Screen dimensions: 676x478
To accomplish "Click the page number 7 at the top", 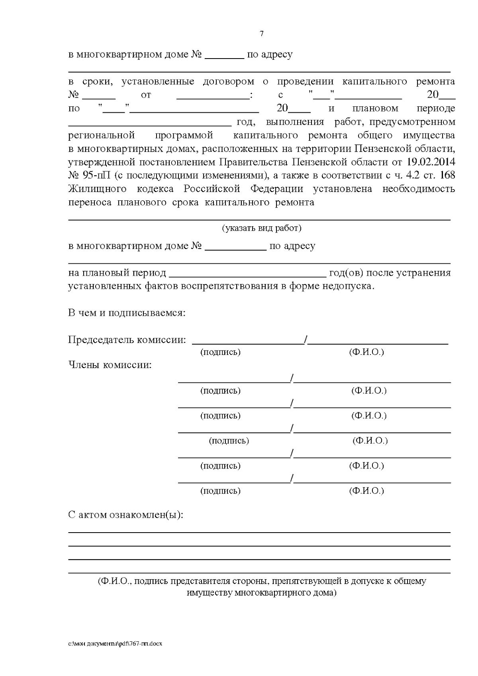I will coord(262,34).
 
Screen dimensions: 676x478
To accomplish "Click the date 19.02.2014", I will coord(431,162).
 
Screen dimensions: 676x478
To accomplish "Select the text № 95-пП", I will coord(91,176).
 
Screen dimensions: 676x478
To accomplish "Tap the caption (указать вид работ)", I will coord(261,228).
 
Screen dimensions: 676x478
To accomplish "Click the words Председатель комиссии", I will coord(127,340).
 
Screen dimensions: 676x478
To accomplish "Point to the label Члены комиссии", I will coord(110,365).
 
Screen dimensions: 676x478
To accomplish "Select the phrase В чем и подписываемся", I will coord(127,313).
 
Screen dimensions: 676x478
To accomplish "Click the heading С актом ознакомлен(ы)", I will coord(126,515).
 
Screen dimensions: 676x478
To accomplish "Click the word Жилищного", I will coord(97,189).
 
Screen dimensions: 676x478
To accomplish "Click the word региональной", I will coord(102,135).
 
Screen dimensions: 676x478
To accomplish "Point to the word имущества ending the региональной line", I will coord(429,135).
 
